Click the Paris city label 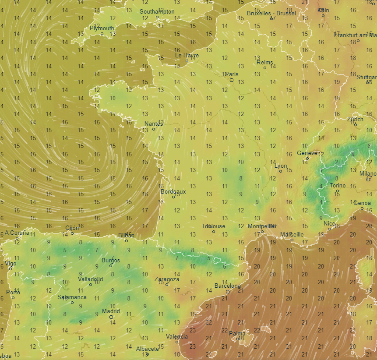[232, 74]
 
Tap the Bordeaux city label [173, 191]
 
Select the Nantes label [154, 124]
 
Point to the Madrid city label [111, 311]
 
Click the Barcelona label [227, 286]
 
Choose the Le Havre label [187, 56]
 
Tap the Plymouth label [102, 28]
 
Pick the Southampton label [157, 12]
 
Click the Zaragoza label [167, 279]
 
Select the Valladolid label [91, 279]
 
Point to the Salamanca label [72, 297]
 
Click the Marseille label [292, 234]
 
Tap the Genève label [307, 153]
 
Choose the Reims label [264, 62]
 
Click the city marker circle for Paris [232, 80]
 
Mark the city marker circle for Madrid [111, 317]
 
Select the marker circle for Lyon [281, 171]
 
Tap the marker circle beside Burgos [111, 266]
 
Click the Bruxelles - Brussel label [271, 13]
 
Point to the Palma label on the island [237, 333]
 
